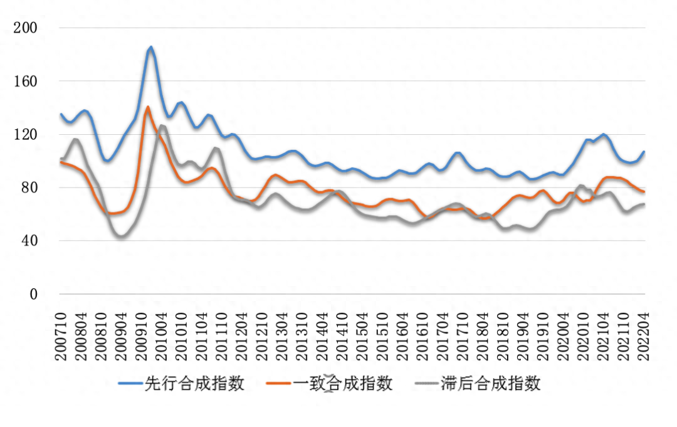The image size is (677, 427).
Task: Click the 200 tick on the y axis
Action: click(x=26, y=28)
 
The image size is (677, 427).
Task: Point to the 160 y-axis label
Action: click(x=26, y=82)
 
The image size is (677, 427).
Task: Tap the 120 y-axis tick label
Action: click(x=26, y=135)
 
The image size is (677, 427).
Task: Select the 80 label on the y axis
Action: click(x=29, y=187)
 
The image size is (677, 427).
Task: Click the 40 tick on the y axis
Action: click(x=29, y=241)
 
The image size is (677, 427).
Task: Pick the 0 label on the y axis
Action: click(x=33, y=294)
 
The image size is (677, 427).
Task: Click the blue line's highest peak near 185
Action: click(x=150, y=47)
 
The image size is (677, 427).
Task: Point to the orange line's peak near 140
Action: click(x=148, y=107)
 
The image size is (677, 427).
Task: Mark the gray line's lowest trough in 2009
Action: click(x=121, y=236)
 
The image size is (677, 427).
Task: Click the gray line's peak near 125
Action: click(x=162, y=126)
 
